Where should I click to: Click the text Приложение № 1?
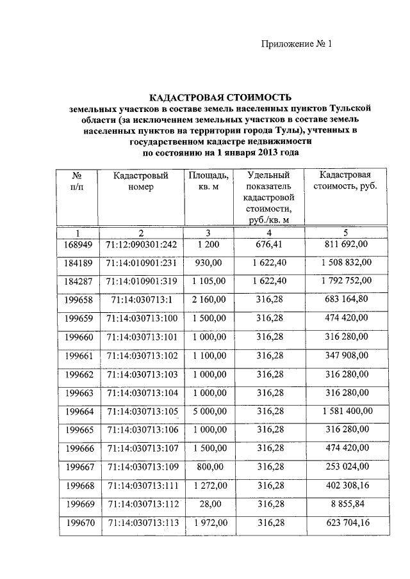[297, 44]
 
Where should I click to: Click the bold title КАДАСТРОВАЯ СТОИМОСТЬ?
[220, 97]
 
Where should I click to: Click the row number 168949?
[79, 244]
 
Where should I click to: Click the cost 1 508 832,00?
[346, 262]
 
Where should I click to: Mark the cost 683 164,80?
[346, 299]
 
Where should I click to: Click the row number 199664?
[79, 410]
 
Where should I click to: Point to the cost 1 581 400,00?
[346, 410]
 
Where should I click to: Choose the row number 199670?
[79, 522]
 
